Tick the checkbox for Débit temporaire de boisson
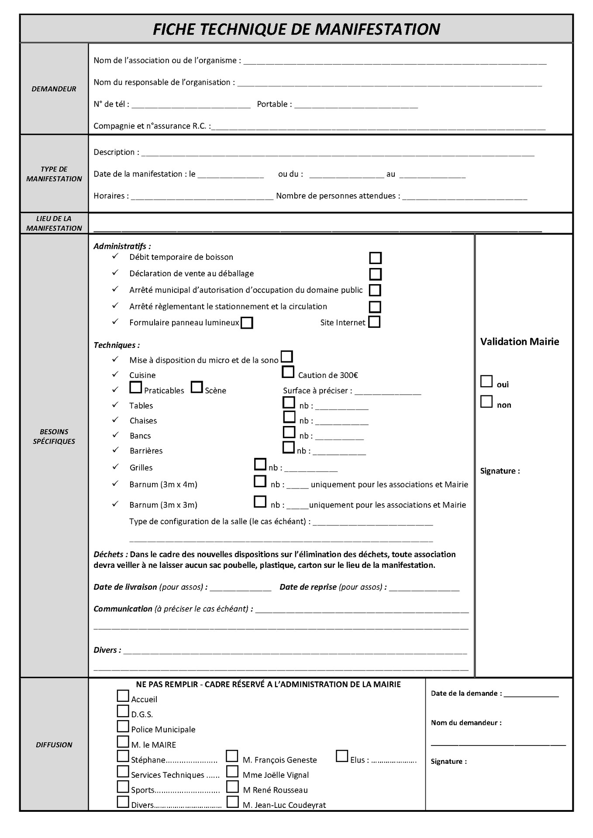click(x=375, y=258)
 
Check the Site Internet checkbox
click(x=374, y=322)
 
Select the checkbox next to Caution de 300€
click(x=288, y=372)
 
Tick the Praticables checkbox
click(x=136, y=387)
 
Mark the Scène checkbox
click(x=197, y=387)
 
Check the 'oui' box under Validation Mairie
click(x=486, y=381)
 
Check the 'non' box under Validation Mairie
click(x=486, y=402)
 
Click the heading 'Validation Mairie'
click(x=519, y=342)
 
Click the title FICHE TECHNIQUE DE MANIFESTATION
click(x=296, y=29)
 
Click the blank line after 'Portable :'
click(x=356, y=105)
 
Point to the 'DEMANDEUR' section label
click(x=54, y=89)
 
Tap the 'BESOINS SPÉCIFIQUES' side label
click(x=54, y=436)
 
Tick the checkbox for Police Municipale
click(x=123, y=726)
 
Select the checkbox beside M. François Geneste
click(x=232, y=756)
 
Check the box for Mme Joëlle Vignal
click(x=232, y=771)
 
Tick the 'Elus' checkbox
click(x=342, y=756)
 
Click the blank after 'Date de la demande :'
click(x=531, y=694)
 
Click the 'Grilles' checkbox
click(x=260, y=464)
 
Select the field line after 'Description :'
click(x=337, y=153)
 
